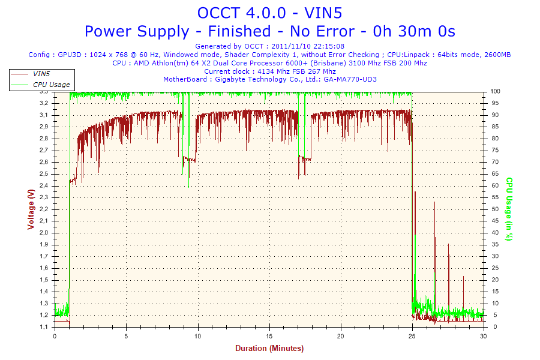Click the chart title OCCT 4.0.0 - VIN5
pos(269,13)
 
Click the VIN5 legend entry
pos(41,74)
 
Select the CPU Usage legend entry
pos(51,85)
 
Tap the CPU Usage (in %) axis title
pos(509,209)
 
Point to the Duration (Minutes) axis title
pos(269,349)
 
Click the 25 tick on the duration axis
pos(412,336)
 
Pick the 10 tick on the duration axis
pos(198,336)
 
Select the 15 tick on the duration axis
pos(269,336)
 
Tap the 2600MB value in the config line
pos(497,55)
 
